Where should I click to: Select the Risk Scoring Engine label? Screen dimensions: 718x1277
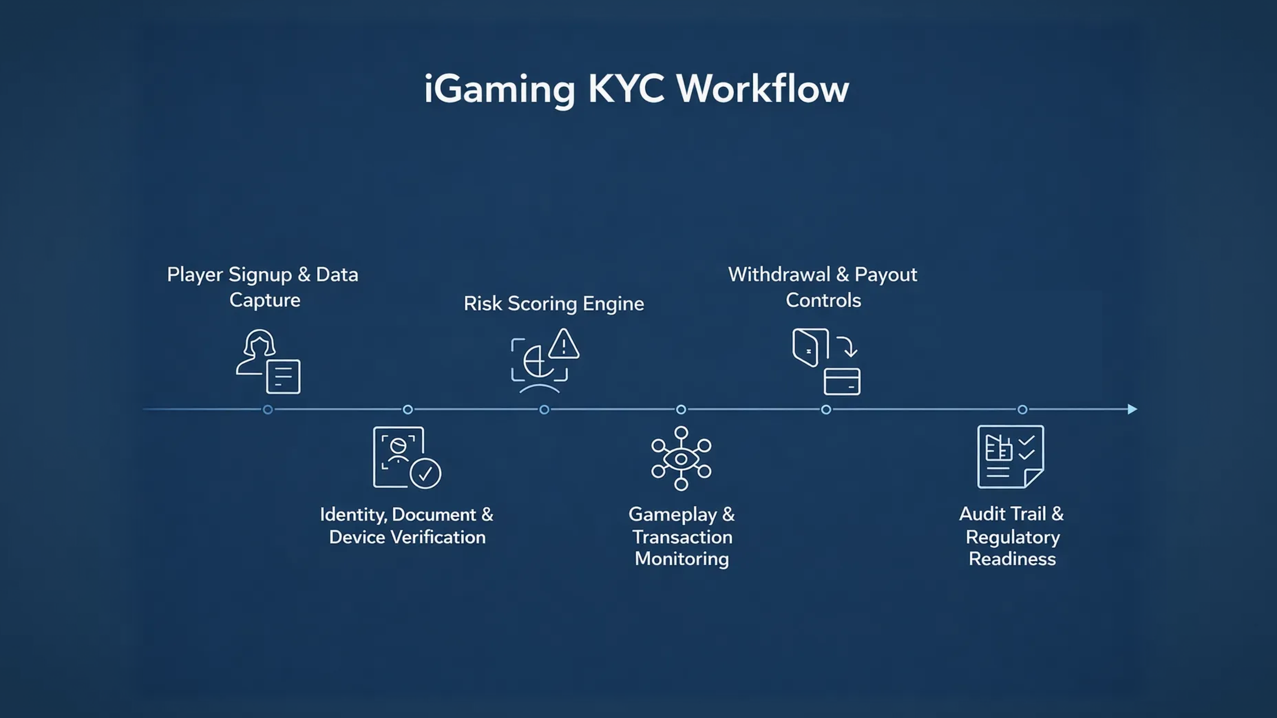pos(554,304)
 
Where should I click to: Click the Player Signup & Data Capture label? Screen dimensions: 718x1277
pos(263,287)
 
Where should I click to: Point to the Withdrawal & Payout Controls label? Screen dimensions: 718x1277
pos(823,287)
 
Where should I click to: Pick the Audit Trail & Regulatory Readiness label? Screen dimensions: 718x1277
pos(1012,536)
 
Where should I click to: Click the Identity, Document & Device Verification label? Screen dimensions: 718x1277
pos(407,526)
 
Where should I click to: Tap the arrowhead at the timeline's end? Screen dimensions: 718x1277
pos(1132,409)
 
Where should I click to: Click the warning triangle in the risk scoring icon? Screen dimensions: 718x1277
pos(564,345)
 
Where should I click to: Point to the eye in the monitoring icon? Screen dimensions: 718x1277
pos(681,459)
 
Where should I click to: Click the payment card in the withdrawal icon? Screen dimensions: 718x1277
pos(842,382)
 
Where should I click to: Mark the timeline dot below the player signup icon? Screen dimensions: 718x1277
pos(268,410)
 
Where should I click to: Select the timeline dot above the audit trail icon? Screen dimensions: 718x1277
pos(1022,410)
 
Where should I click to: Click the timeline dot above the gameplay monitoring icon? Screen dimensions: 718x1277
pos(681,410)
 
